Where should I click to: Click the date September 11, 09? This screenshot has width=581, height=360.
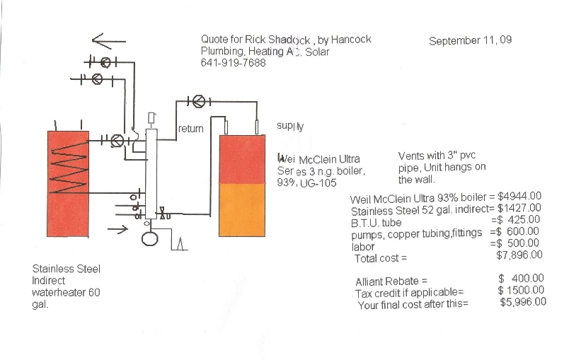[470, 40]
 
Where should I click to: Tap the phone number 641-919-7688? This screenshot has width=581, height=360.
[233, 63]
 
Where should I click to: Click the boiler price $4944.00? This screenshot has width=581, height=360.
[520, 196]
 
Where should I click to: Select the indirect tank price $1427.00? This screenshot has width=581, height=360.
[519, 208]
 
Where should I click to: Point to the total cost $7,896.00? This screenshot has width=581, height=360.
[519, 255]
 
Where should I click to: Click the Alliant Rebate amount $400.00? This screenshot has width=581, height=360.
[521, 279]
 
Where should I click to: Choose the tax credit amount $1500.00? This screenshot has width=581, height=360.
[521, 290]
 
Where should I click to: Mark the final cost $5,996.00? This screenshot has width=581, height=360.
[523, 302]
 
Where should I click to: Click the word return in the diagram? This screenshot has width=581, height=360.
[190, 129]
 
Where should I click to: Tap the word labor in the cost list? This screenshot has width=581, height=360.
[362, 247]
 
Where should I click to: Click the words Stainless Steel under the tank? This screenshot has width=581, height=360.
[67, 269]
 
